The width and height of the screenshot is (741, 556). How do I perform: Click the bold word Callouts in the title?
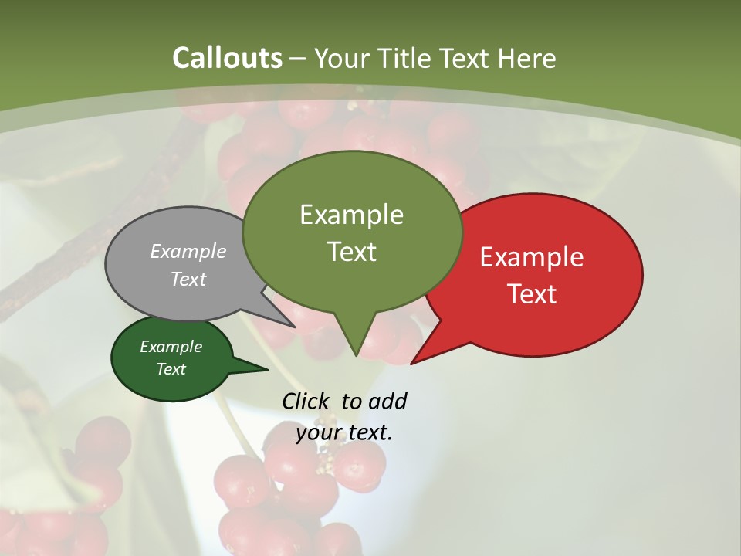(227, 58)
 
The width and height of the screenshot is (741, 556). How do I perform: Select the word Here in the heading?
(527, 58)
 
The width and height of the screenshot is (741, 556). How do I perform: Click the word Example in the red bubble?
(532, 257)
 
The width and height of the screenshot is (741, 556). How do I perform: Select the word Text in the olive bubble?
(352, 252)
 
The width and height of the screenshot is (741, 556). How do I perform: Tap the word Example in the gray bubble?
(188, 251)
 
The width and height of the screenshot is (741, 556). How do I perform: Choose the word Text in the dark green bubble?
(171, 369)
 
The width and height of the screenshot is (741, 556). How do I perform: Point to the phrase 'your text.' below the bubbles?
(344, 432)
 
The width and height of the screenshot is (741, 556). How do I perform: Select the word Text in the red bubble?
(532, 294)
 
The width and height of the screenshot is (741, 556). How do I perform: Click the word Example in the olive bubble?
(352, 215)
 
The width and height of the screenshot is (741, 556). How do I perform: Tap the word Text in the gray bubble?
(188, 279)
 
